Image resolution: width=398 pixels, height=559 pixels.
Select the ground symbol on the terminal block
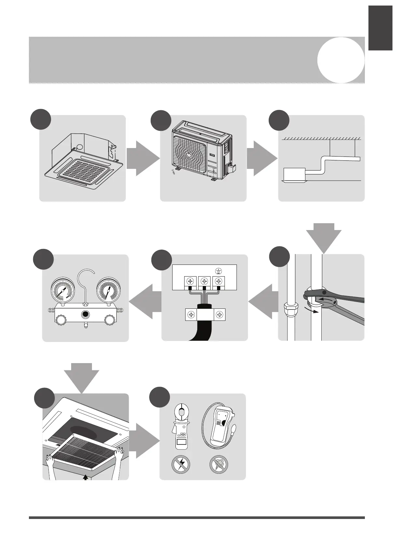point(219,270)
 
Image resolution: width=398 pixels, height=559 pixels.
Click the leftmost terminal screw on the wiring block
point(190,281)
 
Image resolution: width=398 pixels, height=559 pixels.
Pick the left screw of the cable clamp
point(191,315)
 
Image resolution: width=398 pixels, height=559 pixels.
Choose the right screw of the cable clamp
point(220,315)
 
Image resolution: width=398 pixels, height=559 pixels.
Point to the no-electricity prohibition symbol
point(180,464)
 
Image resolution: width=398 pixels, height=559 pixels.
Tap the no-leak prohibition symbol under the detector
point(219,464)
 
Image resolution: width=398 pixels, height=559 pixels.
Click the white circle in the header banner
point(340,60)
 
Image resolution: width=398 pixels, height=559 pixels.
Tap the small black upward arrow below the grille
point(85,477)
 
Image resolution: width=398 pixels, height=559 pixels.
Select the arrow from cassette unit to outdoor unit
point(143,159)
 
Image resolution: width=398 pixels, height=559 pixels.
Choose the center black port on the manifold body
point(85,315)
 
